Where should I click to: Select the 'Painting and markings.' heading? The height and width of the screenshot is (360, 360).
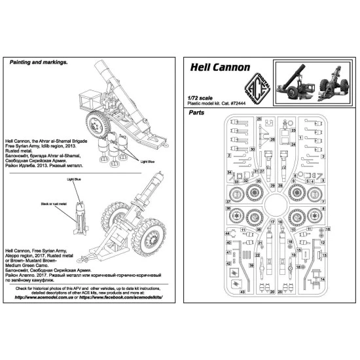39,63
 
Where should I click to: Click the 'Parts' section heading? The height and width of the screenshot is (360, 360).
196,112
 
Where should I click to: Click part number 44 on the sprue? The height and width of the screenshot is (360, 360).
227,234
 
